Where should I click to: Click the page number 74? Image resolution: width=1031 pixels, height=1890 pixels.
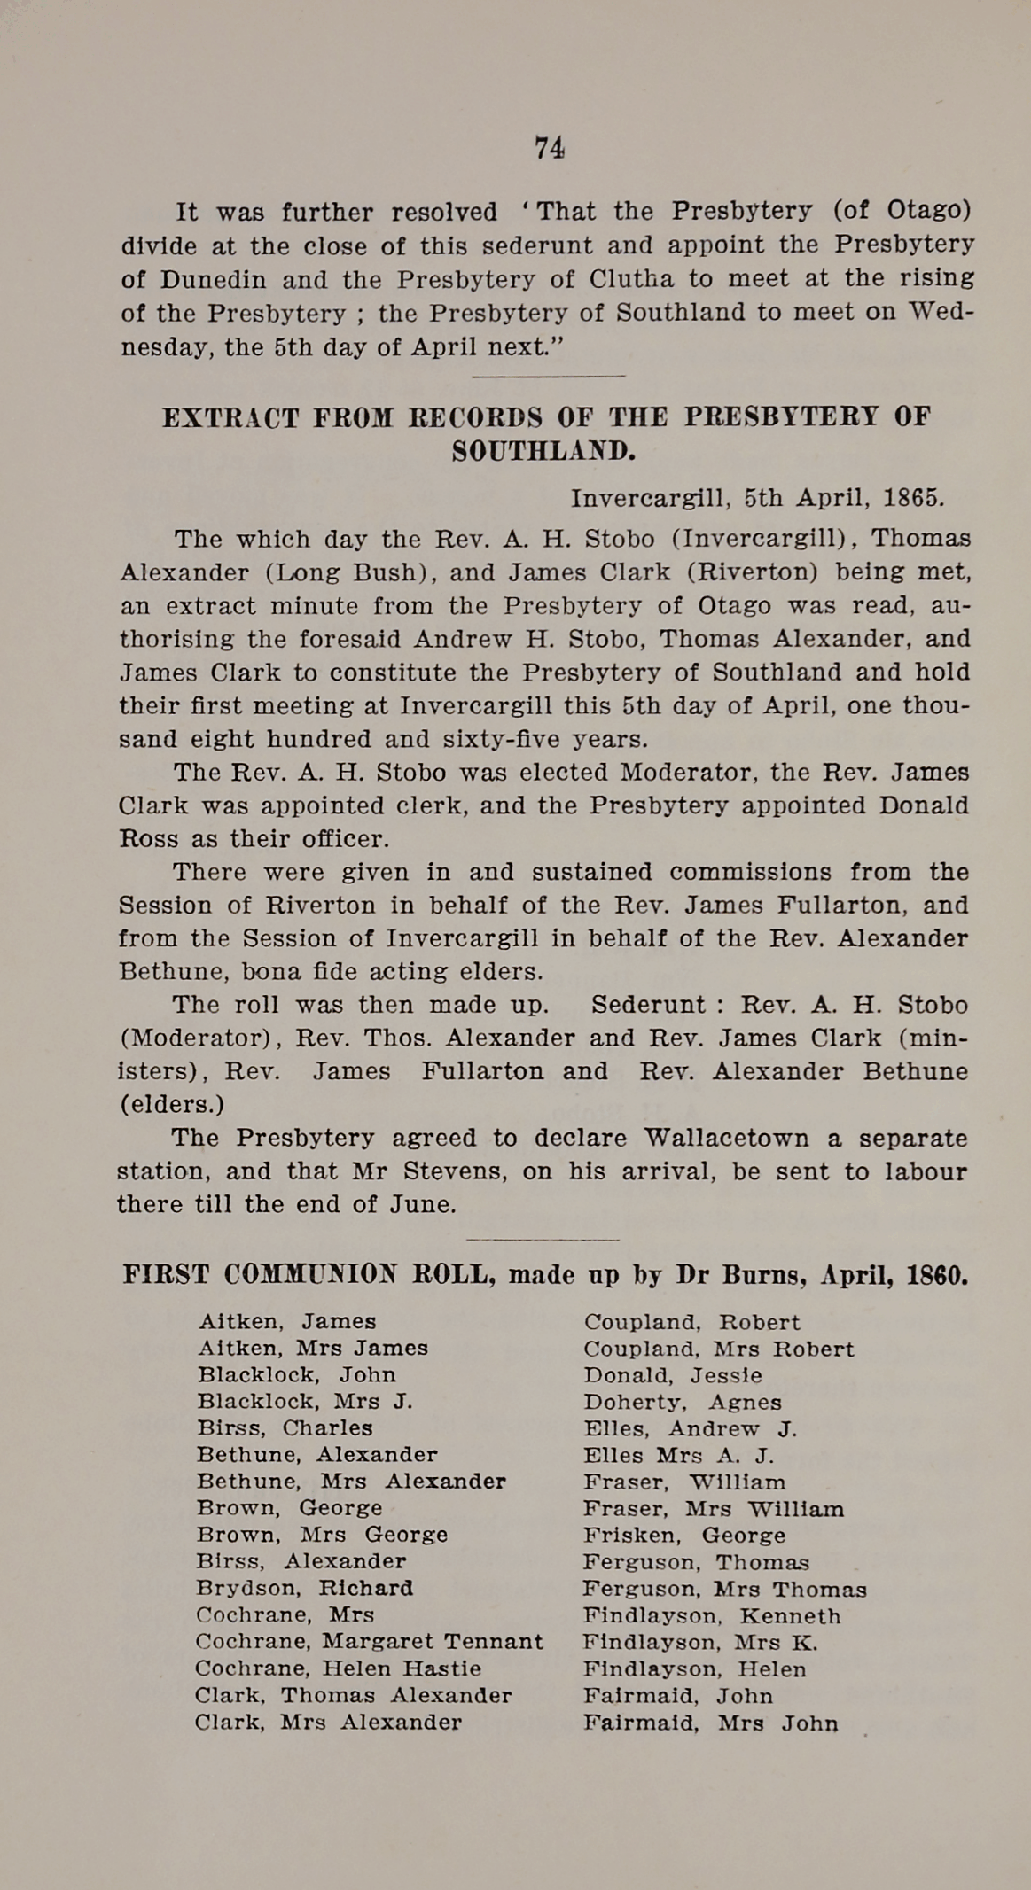coord(550,148)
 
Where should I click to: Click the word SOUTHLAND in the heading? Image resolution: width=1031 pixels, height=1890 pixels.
coord(543,452)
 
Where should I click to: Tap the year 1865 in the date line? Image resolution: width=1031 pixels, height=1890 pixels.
coord(914,497)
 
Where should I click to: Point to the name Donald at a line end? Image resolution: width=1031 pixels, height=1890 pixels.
coord(924,805)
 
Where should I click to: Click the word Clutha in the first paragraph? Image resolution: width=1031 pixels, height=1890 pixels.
coord(631,279)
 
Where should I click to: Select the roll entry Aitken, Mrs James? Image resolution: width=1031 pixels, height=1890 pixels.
coord(313,1348)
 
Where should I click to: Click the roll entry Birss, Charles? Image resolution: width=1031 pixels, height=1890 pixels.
coord(285,1427)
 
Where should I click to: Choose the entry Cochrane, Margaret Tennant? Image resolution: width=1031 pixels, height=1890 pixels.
coord(369,1641)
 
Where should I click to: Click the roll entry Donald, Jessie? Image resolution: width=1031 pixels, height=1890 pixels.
coord(672,1375)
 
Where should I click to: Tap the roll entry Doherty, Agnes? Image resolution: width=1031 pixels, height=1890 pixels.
coord(683,1402)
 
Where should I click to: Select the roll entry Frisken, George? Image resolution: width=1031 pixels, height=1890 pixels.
coord(684,1535)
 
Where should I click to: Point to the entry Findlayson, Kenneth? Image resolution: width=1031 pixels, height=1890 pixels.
coord(712,1615)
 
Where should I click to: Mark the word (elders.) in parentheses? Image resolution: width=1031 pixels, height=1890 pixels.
coord(171,1104)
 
